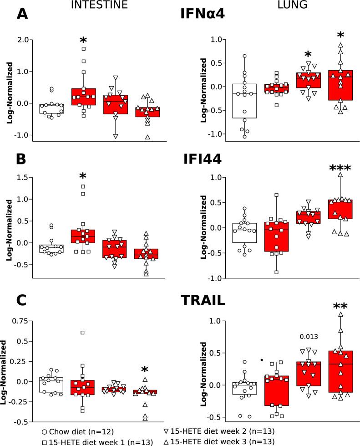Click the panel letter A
coord(23,15)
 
